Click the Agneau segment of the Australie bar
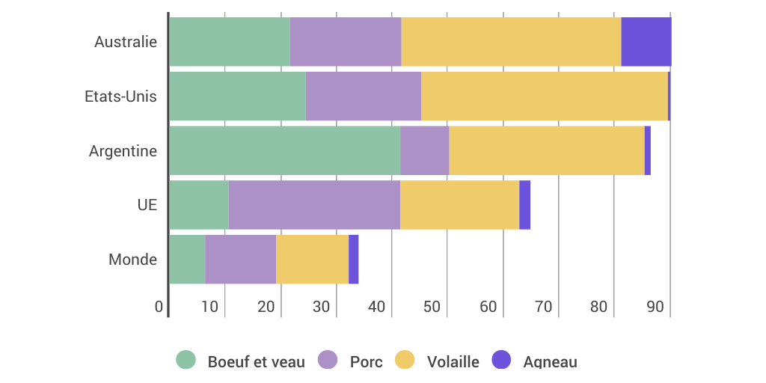[646, 42]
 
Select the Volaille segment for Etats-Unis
[545, 96]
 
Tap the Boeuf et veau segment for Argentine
[285, 150]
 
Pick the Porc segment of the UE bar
[314, 205]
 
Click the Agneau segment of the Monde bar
[354, 260]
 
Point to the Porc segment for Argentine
[425, 150]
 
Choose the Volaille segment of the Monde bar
[313, 260]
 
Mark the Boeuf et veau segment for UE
[199, 205]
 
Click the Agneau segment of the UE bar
[525, 205]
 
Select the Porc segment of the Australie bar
[346, 42]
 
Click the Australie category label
[126, 42]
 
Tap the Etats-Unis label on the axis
[120, 96]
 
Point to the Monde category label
[132, 260]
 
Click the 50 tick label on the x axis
[432, 307]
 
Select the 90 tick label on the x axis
[655, 307]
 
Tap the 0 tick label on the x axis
[159, 307]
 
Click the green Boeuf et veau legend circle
[186, 360]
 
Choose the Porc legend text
[366, 362]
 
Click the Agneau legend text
[550, 362]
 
